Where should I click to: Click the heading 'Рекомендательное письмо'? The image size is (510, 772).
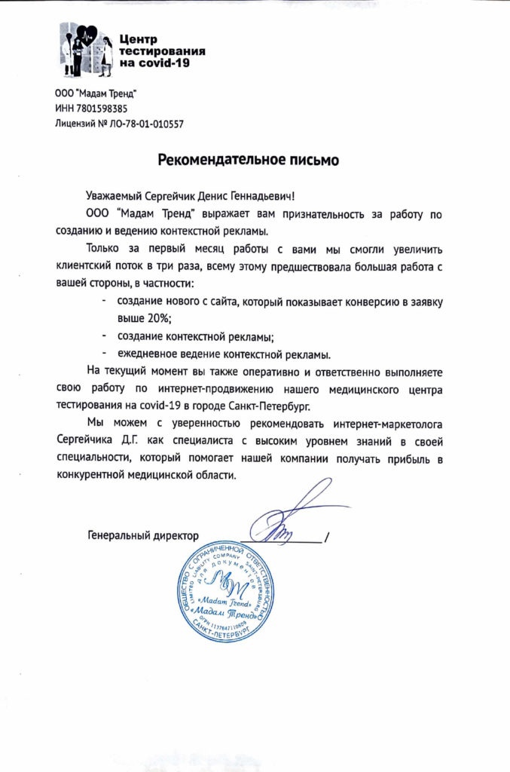pyautogui.click(x=248, y=160)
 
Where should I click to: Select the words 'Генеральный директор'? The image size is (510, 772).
pyautogui.click(x=143, y=536)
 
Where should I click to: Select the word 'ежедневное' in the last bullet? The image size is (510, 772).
pyautogui.click(x=146, y=353)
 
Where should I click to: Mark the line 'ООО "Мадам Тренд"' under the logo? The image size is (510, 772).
pyautogui.click(x=96, y=93)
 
